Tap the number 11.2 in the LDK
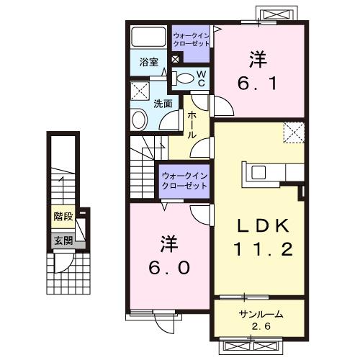[x=263, y=249]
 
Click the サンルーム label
[x=260, y=315]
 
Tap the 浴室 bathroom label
[x=149, y=62]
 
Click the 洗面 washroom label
[x=163, y=103]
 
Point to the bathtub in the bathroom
[x=149, y=36]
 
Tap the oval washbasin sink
[x=139, y=119]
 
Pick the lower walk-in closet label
[x=184, y=180]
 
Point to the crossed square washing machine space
[x=140, y=91]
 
